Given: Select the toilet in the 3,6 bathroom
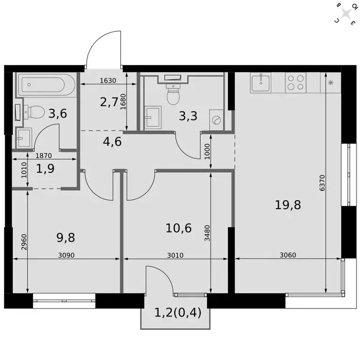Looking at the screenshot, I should [x=34, y=112].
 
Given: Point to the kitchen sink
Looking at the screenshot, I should [x=261, y=83].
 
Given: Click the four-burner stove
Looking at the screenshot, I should [x=295, y=83].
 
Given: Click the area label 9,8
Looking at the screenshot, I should [x=66, y=237].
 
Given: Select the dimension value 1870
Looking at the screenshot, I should [x=43, y=156].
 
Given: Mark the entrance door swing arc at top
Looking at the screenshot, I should [x=104, y=47].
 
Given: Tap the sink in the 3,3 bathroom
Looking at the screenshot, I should [x=152, y=116].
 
